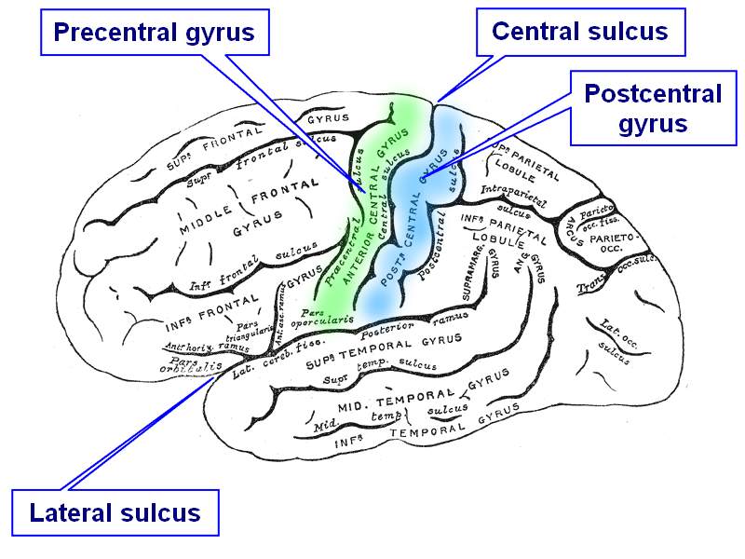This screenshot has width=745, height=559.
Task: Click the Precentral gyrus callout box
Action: pos(155,34)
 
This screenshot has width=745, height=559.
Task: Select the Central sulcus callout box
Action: pos(579,32)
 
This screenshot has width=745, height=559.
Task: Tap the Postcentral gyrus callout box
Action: pos(652,108)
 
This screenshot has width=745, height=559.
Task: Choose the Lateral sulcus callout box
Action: pos(115,512)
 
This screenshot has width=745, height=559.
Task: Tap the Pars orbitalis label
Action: pos(194,362)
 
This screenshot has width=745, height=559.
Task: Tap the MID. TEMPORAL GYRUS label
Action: pos(410,392)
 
